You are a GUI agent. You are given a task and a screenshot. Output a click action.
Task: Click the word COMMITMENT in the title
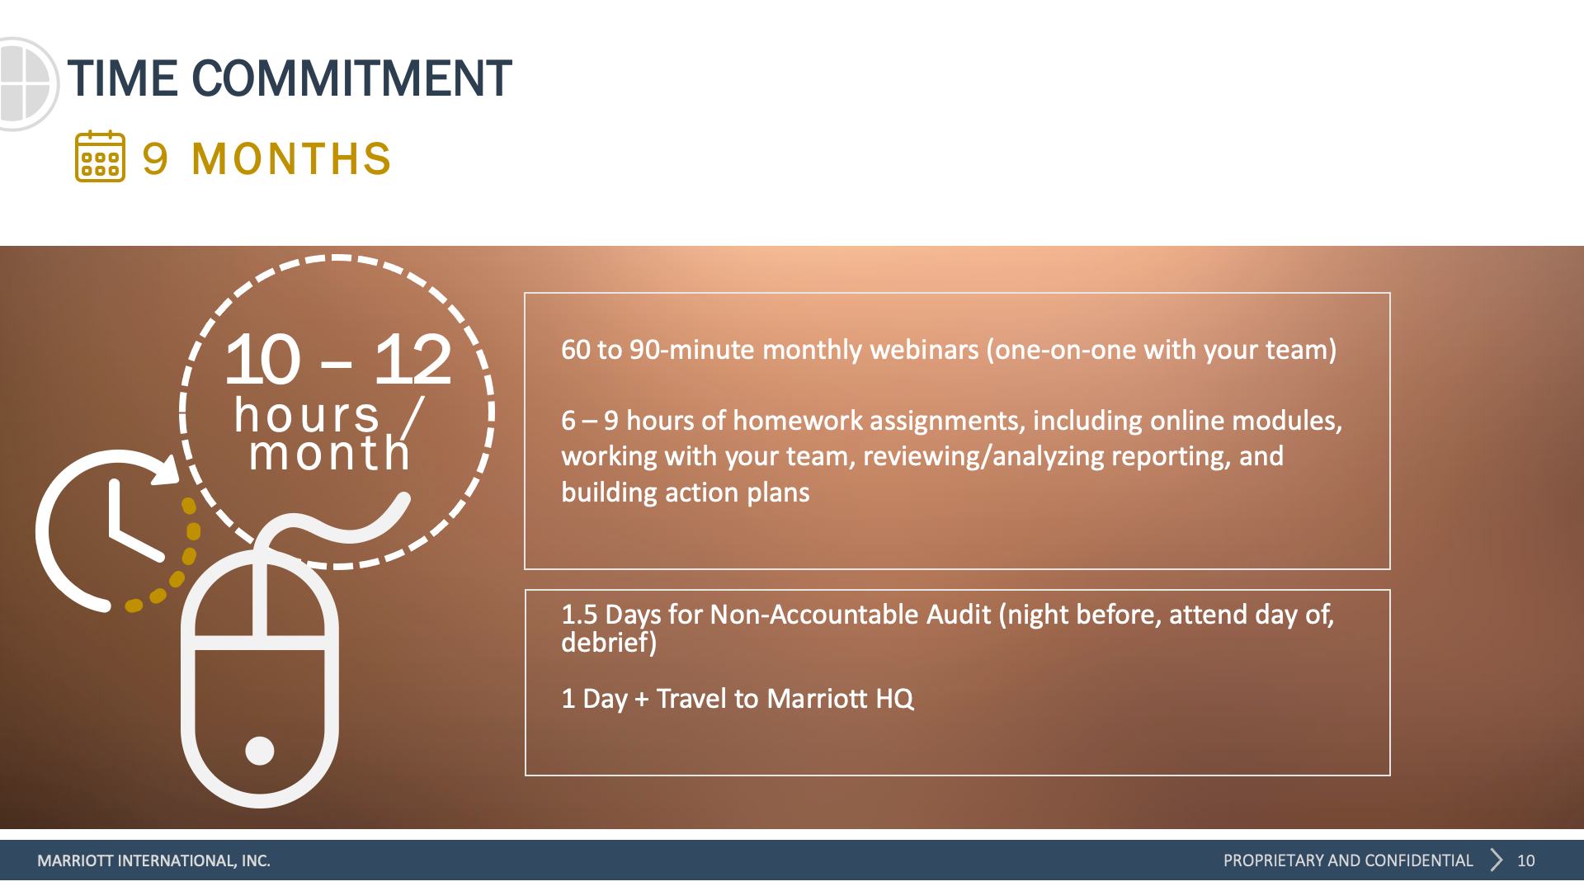point(352,79)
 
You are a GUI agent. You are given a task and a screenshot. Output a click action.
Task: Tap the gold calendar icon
point(100,156)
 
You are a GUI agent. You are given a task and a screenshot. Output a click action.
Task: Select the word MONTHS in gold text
point(291,158)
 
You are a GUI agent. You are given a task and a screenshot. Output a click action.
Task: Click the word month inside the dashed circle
point(330,453)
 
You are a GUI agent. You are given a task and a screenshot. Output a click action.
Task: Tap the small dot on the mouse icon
point(260,751)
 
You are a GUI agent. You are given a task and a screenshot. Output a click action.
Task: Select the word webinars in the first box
point(924,350)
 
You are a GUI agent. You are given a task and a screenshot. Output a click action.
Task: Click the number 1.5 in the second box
point(579,615)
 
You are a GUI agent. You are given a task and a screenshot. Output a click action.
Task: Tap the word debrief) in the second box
point(609,642)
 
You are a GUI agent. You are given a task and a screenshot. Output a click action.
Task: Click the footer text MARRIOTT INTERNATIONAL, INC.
point(153,860)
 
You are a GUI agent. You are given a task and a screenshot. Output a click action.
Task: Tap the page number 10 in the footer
point(1526,860)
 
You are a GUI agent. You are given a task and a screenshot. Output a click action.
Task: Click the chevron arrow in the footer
point(1497,860)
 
